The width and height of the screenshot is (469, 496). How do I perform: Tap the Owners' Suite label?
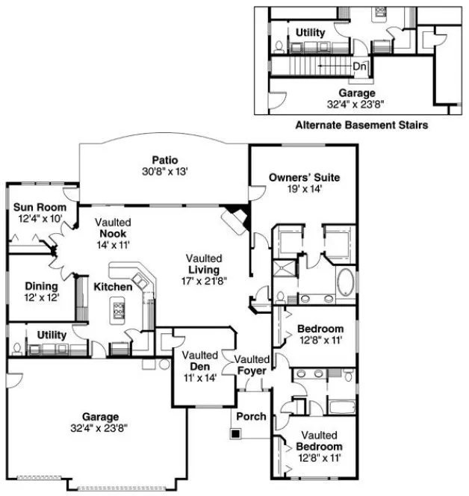pyautogui.click(x=304, y=178)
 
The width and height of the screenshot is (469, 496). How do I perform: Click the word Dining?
pyautogui.click(x=41, y=286)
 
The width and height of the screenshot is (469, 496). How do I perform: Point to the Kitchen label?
pyautogui.click(x=113, y=287)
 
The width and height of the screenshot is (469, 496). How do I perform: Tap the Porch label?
pyautogui.click(x=250, y=416)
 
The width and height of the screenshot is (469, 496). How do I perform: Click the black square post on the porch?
pyautogui.click(x=236, y=432)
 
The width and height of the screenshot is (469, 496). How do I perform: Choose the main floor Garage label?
pyautogui.click(x=102, y=417)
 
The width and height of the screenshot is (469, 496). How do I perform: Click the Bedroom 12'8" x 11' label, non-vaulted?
pyautogui.click(x=320, y=329)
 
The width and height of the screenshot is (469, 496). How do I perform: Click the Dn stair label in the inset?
pyautogui.click(x=360, y=66)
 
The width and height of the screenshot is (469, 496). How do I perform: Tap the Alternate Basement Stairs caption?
pyautogui.click(x=361, y=125)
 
